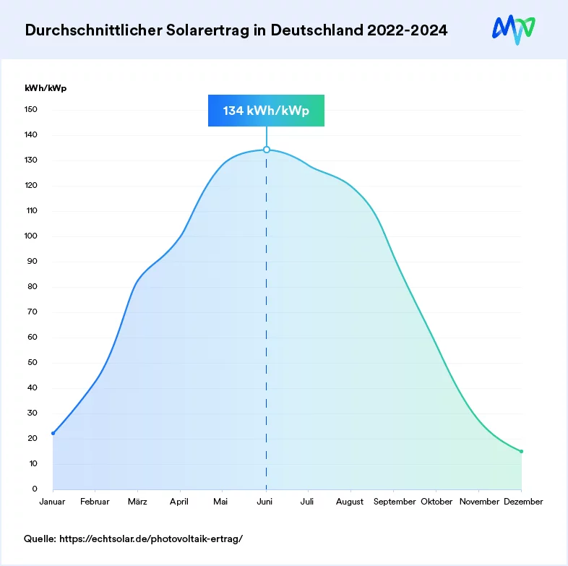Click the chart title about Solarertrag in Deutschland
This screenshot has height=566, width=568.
coord(236,30)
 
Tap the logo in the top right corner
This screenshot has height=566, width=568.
coord(514,29)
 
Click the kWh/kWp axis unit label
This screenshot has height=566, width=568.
coord(45,88)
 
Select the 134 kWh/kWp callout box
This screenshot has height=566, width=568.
coord(266,111)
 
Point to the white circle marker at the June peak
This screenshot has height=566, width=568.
coord(267,150)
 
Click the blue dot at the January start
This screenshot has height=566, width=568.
coord(53,433)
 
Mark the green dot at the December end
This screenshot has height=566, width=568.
coord(521,452)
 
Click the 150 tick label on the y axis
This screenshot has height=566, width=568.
coord(31,110)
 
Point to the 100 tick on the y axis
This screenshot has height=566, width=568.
coord(31,236)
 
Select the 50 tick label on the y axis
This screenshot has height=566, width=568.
coord(33,363)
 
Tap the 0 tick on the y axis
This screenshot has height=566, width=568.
coord(35,489)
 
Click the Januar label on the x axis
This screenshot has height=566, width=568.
coord(53,502)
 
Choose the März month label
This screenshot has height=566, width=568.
coord(137,502)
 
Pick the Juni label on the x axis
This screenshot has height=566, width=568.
coord(266,502)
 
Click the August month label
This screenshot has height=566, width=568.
coord(350,502)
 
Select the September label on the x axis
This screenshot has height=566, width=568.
coord(395,502)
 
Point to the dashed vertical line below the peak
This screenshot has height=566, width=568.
coord(267,325)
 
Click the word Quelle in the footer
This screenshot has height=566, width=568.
coord(40,539)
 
